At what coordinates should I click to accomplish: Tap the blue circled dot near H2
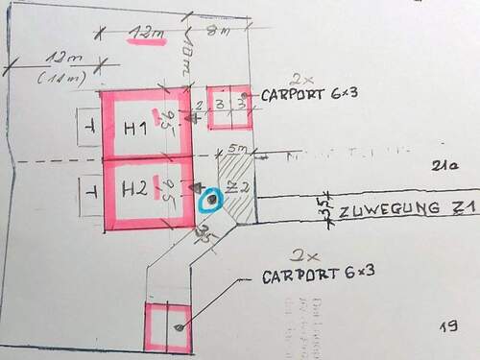coord(209,200)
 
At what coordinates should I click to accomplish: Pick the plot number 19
coord(448,327)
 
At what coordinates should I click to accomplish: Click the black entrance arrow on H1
coord(197,118)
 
